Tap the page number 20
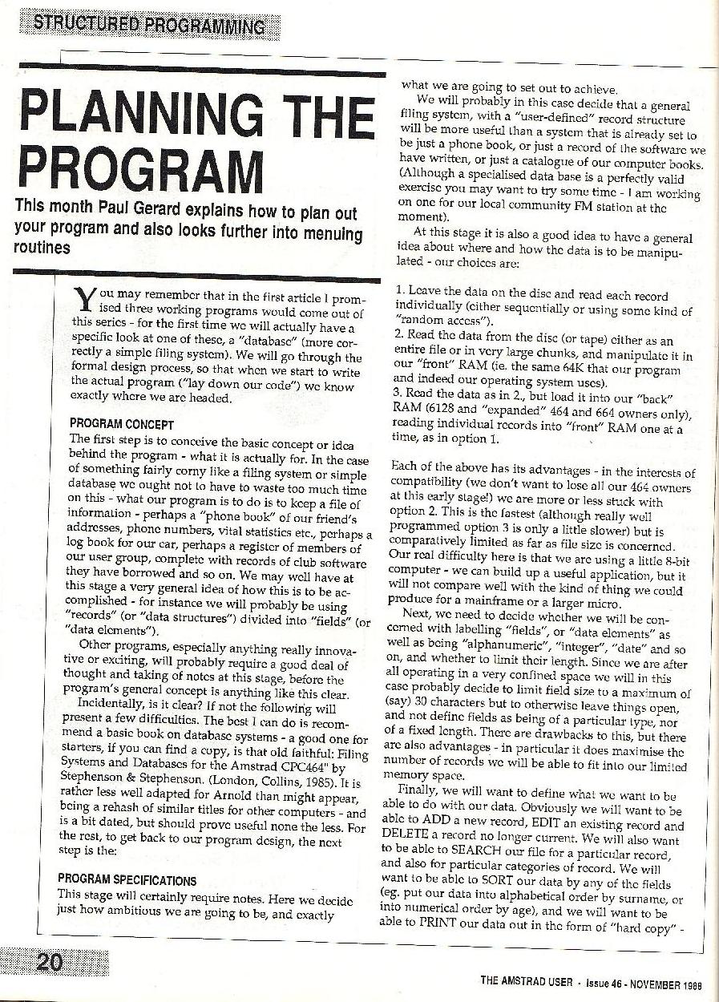(x=50, y=963)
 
